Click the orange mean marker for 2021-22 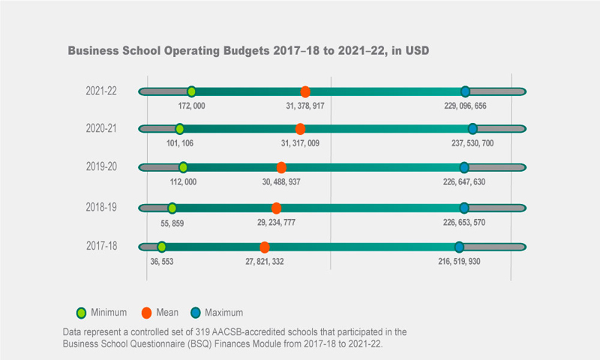click(305, 91)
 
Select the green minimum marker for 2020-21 click(179, 129)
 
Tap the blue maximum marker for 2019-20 click(464, 167)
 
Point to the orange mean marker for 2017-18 click(265, 247)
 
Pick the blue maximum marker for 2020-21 click(472, 129)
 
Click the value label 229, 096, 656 click(465, 106)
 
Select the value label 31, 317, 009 click(300, 143)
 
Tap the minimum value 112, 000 click(183, 181)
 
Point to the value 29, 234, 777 click(276, 223)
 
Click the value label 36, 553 click(162, 261)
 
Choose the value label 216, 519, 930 click(459, 261)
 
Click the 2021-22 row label click(101, 91)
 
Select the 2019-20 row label click(101, 166)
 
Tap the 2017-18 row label click(101, 246)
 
